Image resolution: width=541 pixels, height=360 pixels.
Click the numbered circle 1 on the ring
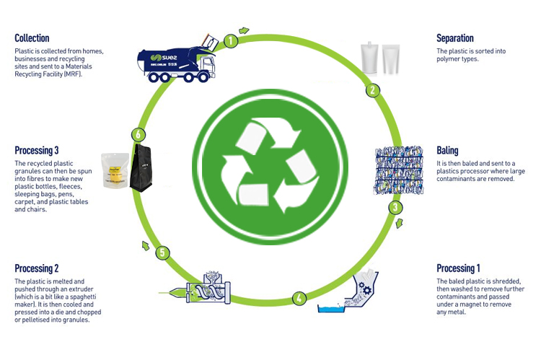[x=230, y=40]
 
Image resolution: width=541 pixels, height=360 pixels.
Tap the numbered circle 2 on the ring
[x=373, y=90]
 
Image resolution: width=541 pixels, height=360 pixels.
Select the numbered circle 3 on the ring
[x=395, y=208]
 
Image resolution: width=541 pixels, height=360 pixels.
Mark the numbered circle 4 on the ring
[x=298, y=297]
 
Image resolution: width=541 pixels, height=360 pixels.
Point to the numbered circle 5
[x=164, y=253]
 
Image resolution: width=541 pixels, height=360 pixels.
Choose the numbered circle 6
[x=138, y=134]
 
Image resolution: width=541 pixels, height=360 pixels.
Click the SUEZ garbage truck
[x=177, y=58]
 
